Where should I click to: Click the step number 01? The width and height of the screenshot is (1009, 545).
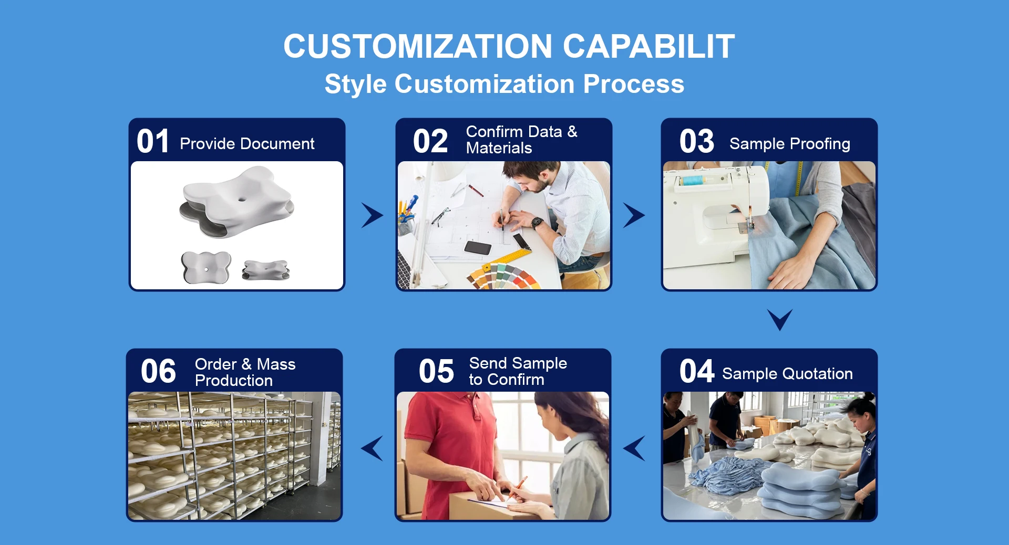pyautogui.click(x=153, y=141)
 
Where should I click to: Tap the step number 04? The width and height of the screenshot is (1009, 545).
pyautogui.click(x=697, y=371)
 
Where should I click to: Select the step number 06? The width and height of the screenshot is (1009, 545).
pyautogui.click(x=158, y=371)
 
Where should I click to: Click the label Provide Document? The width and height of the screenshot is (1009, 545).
pyautogui.click(x=247, y=143)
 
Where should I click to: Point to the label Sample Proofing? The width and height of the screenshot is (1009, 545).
pyautogui.click(x=790, y=143)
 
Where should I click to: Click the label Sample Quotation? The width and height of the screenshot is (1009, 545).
pyautogui.click(x=787, y=373)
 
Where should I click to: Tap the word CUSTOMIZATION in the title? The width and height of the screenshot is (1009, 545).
pyautogui.click(x=418, y=46)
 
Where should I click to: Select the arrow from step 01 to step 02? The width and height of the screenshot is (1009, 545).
pyautogui.click(x=373, y=215)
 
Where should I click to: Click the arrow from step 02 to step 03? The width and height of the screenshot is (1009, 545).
pyautogui.click(x=634, y=215)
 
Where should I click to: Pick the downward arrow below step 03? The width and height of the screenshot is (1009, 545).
pyautogui.click(x=780, y=319)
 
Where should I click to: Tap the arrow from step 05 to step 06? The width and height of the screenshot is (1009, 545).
pyautogui.click(x=372, y=448)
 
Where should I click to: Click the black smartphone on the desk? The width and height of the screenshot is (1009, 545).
pyautogui.click(x=478, y=247)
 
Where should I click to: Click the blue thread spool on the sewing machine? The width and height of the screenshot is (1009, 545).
pyautogui.click(x=694, y=181)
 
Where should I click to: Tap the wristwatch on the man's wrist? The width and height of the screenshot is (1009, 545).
pyautogui.click(x=537, y=223)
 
